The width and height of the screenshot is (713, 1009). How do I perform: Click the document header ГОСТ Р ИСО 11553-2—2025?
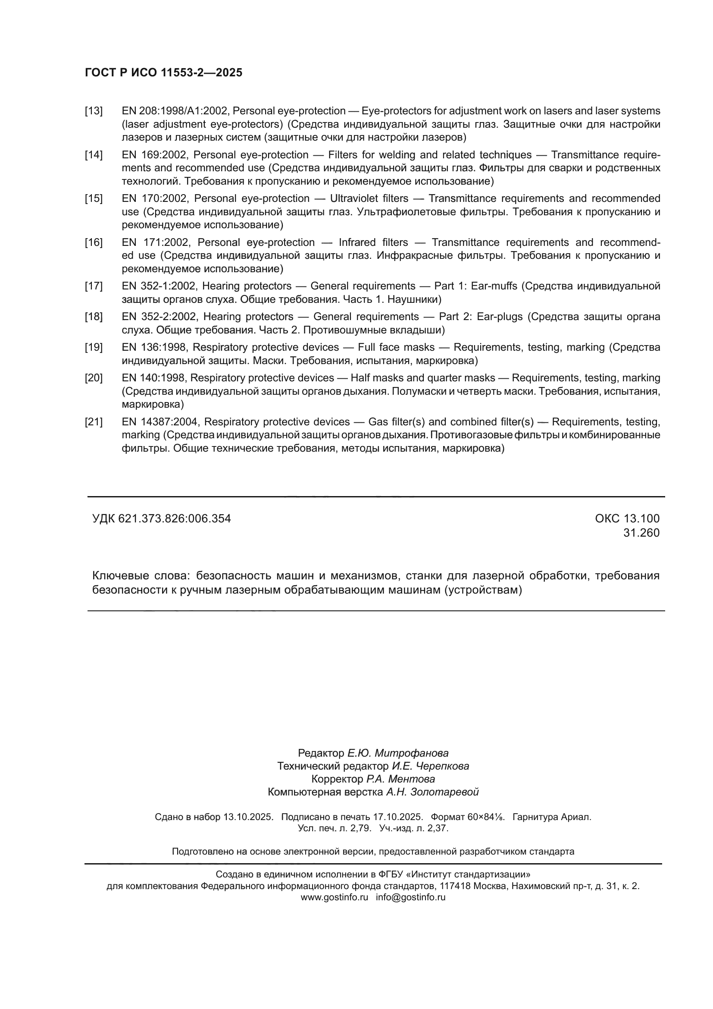pyautogui.click(x=163, y=73)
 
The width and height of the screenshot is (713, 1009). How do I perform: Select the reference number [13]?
pyautogui.click(x=94, y=111)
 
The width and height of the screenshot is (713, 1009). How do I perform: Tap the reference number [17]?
pyautogui.click(x=94, y=286)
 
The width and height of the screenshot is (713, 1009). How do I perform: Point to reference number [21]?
pyautogui.click(x=94, y=422)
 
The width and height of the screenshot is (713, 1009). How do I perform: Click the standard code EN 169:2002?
pyautogui.click(x=156, y=155)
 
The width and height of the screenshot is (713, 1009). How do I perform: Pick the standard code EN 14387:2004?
pyautogui.click(x=161, y=422)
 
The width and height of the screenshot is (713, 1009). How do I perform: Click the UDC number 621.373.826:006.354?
pyautogui.click(x=174, y=519)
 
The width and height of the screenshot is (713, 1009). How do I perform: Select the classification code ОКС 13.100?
pyautogui.click(x=627, y=519)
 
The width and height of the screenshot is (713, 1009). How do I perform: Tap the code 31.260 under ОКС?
pyautogui.click(x=641, y=533)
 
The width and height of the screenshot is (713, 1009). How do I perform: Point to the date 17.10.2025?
pyautogui.click(x=398, y=817)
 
